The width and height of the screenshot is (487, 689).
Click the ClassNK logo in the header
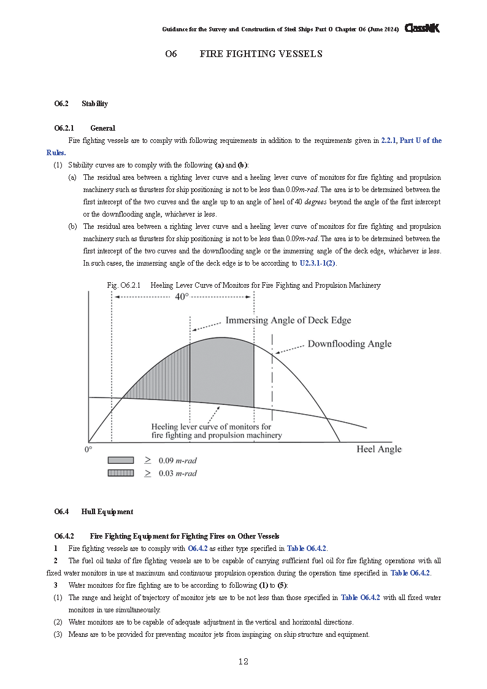pyautogui.click(x=422, y=28)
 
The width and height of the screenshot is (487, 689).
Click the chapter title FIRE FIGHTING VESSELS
pyautogui.click(x=261, y=54)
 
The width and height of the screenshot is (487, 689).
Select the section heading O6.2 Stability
pyautogui.click(x=81, y=104)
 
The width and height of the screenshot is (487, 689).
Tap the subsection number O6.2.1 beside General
pyautogui.click(x=64, y=128)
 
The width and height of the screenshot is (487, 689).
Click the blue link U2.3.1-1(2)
pyautogui.click(x=317, y=263)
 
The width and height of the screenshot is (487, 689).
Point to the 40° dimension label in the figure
pyautogui.click(x=182, y=296)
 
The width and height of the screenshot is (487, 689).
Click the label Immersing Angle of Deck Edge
pyautogui.click(x=288, y=320)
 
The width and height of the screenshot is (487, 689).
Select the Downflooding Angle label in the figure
pyautogui.click(x=349, y=344)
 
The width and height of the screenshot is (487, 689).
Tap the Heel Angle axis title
pyautogui.click(x=378, y=449)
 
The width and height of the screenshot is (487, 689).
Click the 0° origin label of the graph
pyautogui.click(x=88, y=449)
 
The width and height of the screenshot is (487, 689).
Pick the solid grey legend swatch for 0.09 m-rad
pyautogui.click(x=120, y=460)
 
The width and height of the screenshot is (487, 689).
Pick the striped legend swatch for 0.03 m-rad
pyautogui.click(x=120, y=473)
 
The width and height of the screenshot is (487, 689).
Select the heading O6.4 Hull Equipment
pyautogui.click(x=93, y=511)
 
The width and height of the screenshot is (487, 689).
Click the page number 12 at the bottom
pyautogui.click(x=243, y=661)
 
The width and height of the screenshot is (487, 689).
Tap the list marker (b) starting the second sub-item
pyautogui.click(x=72, y=226)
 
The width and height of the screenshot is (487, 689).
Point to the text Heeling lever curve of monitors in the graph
pyautogui.click(x=211, y=426)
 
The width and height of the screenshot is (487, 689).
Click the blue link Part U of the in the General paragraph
pyautogui.click(x=420, y=140)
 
